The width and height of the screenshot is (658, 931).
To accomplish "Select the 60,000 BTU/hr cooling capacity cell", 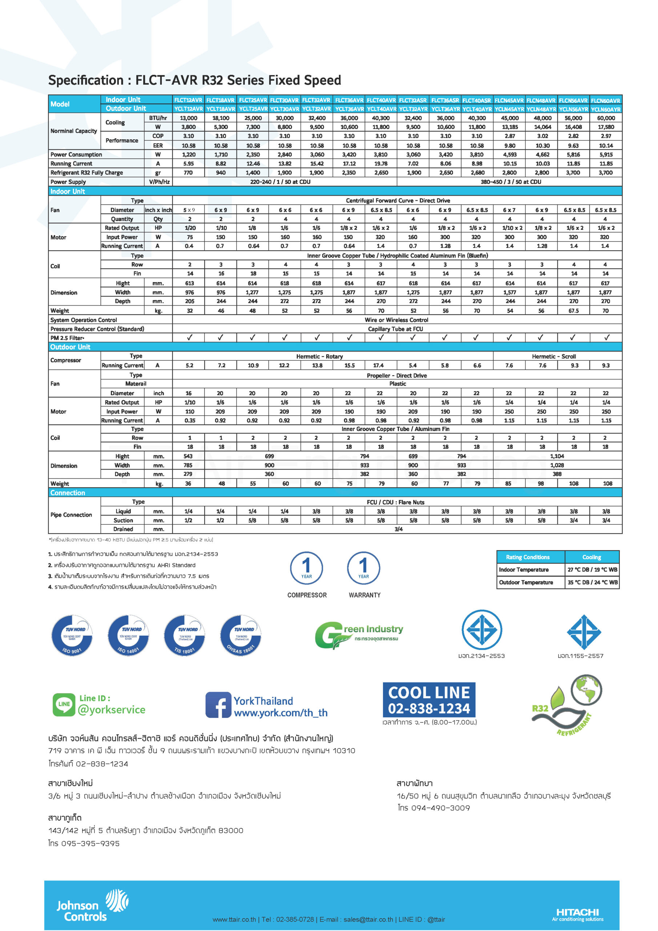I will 606,118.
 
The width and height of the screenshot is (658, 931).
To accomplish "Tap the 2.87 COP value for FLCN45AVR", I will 510,136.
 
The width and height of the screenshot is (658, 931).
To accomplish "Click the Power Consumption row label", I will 76,155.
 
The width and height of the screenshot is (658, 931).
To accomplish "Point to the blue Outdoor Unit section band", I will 335,347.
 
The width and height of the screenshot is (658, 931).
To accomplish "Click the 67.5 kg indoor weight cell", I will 573,311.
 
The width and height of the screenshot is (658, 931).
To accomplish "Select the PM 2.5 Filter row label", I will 67,338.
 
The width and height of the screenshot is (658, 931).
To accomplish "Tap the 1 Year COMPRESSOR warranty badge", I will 307,567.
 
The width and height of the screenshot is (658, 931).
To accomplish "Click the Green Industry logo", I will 359,634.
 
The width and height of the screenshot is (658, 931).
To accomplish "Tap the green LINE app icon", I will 64,704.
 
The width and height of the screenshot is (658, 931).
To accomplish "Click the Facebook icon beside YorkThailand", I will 218,705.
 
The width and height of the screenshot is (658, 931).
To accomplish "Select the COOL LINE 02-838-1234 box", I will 429,700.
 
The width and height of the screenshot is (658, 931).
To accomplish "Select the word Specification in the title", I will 85,80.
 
